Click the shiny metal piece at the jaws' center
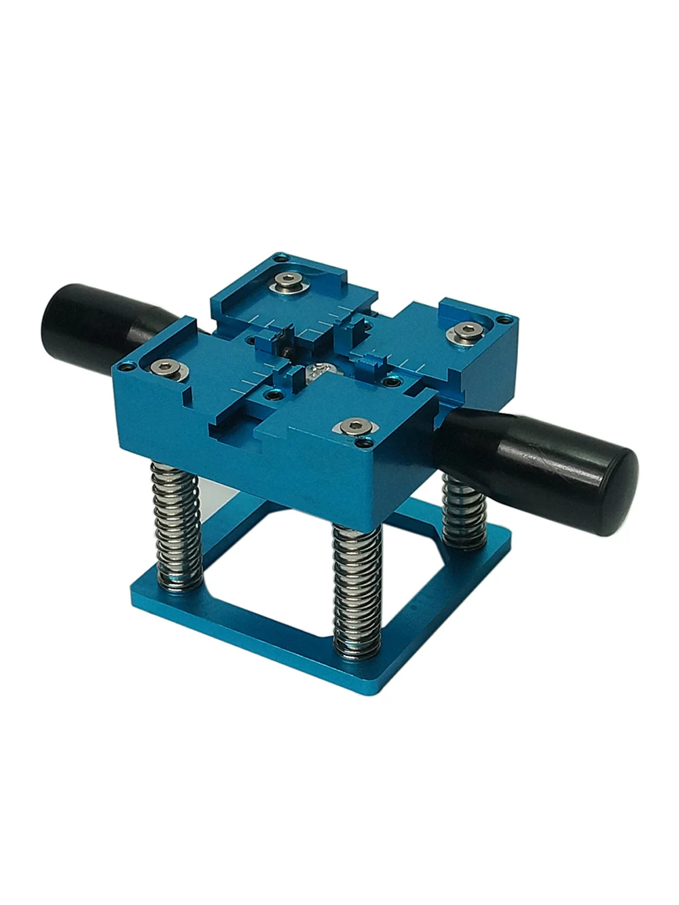318,371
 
